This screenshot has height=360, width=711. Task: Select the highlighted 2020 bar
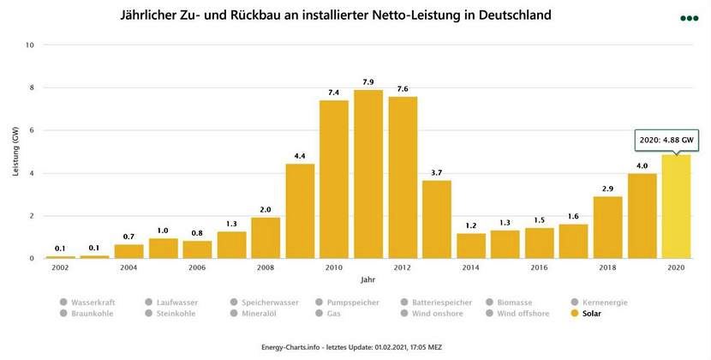click(x=677, y=206)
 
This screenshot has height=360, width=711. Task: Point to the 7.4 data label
click(x=334, y=92)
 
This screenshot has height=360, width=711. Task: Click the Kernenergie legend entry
click(x=604, y=303)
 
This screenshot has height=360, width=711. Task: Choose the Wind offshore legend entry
click(x=520, y=314)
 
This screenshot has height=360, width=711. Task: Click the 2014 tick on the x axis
click(x=471, y=267)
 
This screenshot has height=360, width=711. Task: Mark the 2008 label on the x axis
click(x=266, y=267)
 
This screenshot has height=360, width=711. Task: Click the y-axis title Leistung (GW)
click(x=15, y=152)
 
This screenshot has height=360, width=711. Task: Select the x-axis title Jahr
click(x=367, y=279)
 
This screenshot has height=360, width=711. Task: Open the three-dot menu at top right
click(x=689, y=17)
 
